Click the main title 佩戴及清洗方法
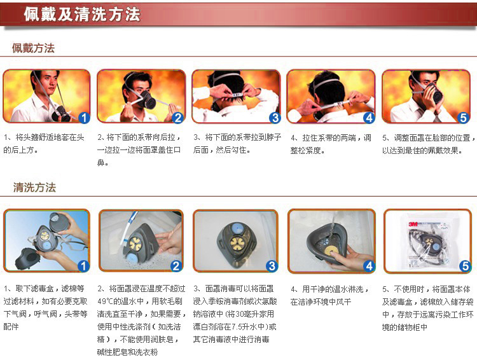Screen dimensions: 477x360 pos(82,14)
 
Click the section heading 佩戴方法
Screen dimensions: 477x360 pos(33,48)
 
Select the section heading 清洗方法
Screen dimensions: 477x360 pos(34,187)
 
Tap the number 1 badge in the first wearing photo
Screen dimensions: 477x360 pos(84,118)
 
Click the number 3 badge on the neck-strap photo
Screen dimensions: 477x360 pos(274,118)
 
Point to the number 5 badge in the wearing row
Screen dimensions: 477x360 pos(463,118)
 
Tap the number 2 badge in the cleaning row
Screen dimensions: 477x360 pos(176,266)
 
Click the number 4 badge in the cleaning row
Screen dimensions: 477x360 pos(369,266)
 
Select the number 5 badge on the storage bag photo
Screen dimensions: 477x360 pos(465,266)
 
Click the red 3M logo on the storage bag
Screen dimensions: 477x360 pos(413,225)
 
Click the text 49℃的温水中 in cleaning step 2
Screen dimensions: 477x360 pos(120,301)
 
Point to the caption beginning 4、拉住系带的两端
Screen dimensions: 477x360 pos(331,144)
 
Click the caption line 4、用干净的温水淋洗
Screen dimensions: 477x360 pos(329,289)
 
